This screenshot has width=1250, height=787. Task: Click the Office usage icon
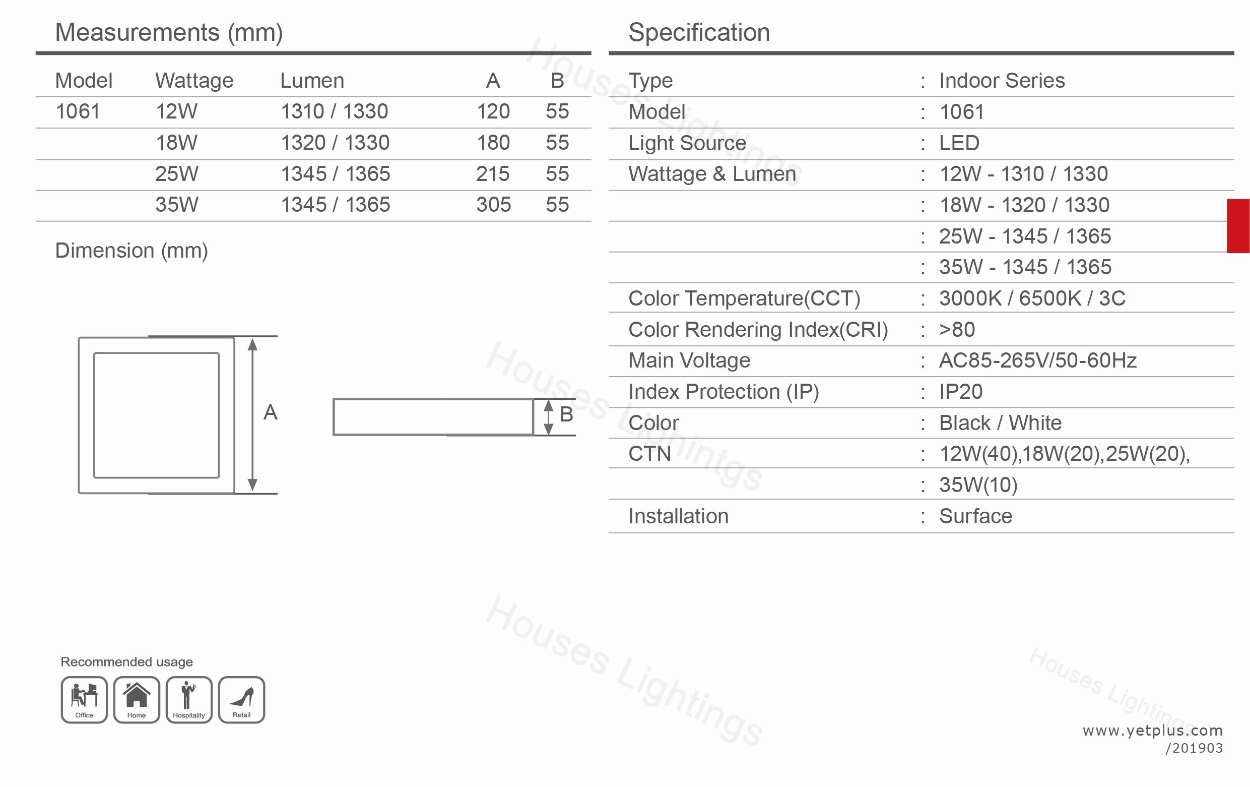pyautogui.click(x=84, y=699)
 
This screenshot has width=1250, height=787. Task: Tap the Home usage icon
pyautogui.click(x=137, y=699)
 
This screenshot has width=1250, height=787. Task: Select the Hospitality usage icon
pyautogui.click(x=189, y=699)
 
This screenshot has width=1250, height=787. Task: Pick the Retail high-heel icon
pyautogui.click(x=241, y=699)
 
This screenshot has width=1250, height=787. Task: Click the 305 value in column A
pyautogui.click(x=493, y=205)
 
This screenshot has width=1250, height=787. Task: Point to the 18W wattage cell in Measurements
pyautogui.click(x=176, y=142)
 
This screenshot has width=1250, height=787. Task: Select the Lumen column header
pyautogui.click(x=312, y=81)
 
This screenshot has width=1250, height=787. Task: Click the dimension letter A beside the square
pyautogui.click(x=271, y=412)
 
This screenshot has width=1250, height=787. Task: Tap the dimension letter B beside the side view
pyautogui.click(x=566, y=414)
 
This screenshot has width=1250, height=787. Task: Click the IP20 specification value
pyautogui.click(x=961, y=392)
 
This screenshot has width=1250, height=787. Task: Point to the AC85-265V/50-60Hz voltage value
pyautogui.click(x=1038, y=360)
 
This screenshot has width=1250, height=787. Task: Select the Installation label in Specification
pyautogui.click(x=679, y=516)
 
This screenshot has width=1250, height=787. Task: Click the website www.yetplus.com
pyautogui.click(x=1152, y=731)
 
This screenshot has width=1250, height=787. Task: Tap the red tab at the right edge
pyautogui.click(x=1238, y=226)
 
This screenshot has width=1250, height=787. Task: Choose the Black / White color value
pyautogui.click(x=1000, y=423)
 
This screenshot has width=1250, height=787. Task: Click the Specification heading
pyautogui.click(x=699, y=32)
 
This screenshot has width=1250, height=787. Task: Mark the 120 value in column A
pyautogui.click(x=493, y=111)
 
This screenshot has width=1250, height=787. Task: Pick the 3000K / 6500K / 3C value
pyautogui.click(x=1032, y=298)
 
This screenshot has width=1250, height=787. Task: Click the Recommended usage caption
pyautogui.click(x=126, y=662)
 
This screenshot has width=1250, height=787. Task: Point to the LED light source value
pyautogui.click(x=959, y=143)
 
